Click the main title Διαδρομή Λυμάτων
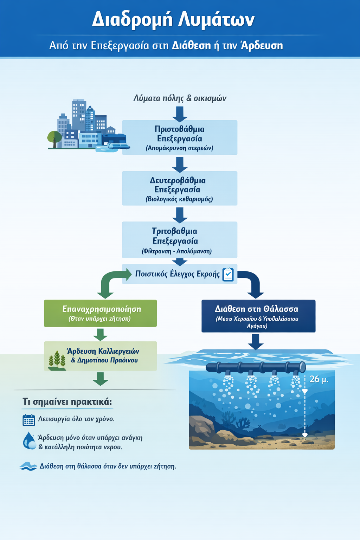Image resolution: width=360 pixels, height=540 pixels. pyautogui.click(x=173, y=19)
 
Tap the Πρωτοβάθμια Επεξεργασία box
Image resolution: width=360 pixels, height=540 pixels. pyautogui.click(x=179, y=137)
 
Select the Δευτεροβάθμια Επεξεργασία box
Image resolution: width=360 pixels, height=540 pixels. pyautogui.click(x=179, y=188)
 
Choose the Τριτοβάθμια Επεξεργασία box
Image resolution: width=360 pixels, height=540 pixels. pyautogui.click(x=179, y=240)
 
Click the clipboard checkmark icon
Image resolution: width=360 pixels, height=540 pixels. pyautogui.click(x=228, y=274)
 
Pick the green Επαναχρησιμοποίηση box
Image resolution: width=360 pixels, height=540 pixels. pyautogui.click(x=100, y=313)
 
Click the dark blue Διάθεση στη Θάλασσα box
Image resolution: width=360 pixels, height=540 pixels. pyautogui.click(x=258, y=316)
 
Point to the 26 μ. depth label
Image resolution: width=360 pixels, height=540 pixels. pyautogui.click(x=319, y=379)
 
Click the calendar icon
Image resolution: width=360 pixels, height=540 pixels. pyautogui.click(x=28, y=420)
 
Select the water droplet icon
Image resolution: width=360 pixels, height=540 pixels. pyautogui.click(x=29, y=441)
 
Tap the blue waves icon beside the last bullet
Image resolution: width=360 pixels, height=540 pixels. pyautogui.click(x=28, y=466)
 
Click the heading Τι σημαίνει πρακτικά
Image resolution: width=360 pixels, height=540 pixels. pyautogui.click(x=67, y=401)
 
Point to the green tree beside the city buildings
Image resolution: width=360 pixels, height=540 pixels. pyautogui.click(x=54, y=138)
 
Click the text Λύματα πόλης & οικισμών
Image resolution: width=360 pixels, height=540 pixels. pyautogui.click(x=180, y=98)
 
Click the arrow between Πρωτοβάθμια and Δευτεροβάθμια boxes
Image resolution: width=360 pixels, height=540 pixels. pyautogui.click(x=180, y=164)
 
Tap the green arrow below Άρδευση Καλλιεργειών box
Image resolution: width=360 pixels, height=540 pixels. pyautogui.click(x=101, y=379)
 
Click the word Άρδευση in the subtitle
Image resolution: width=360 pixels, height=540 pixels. pyautogui.click(x=262, y=46)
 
